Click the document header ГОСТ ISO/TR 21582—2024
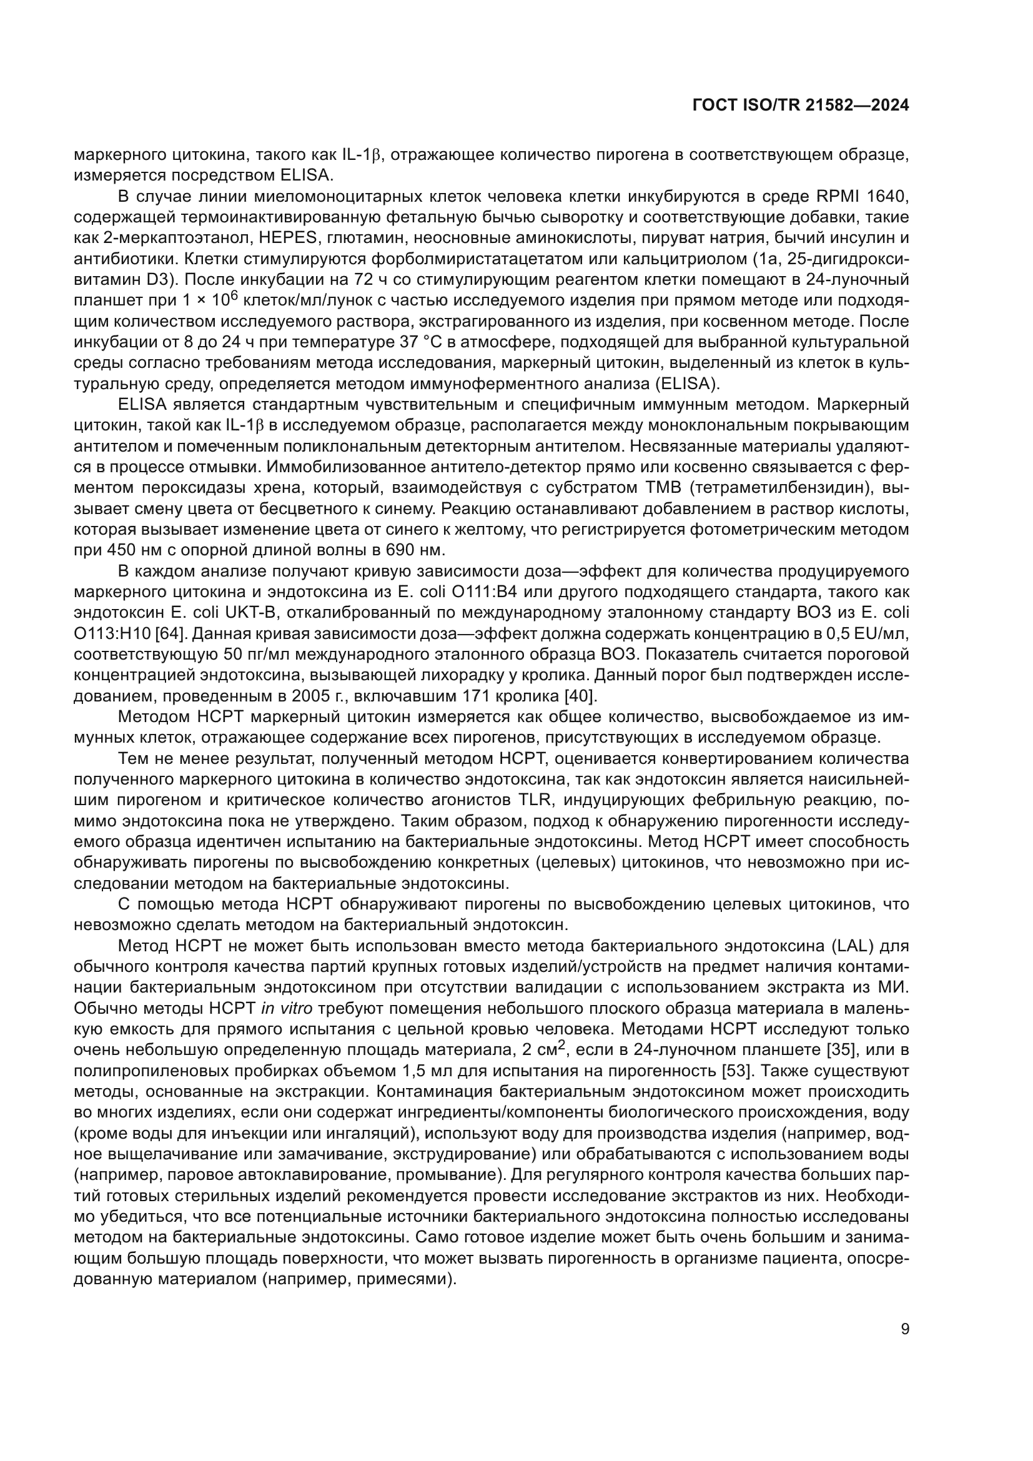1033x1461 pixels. pyautogui.click(x=799, y=106)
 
